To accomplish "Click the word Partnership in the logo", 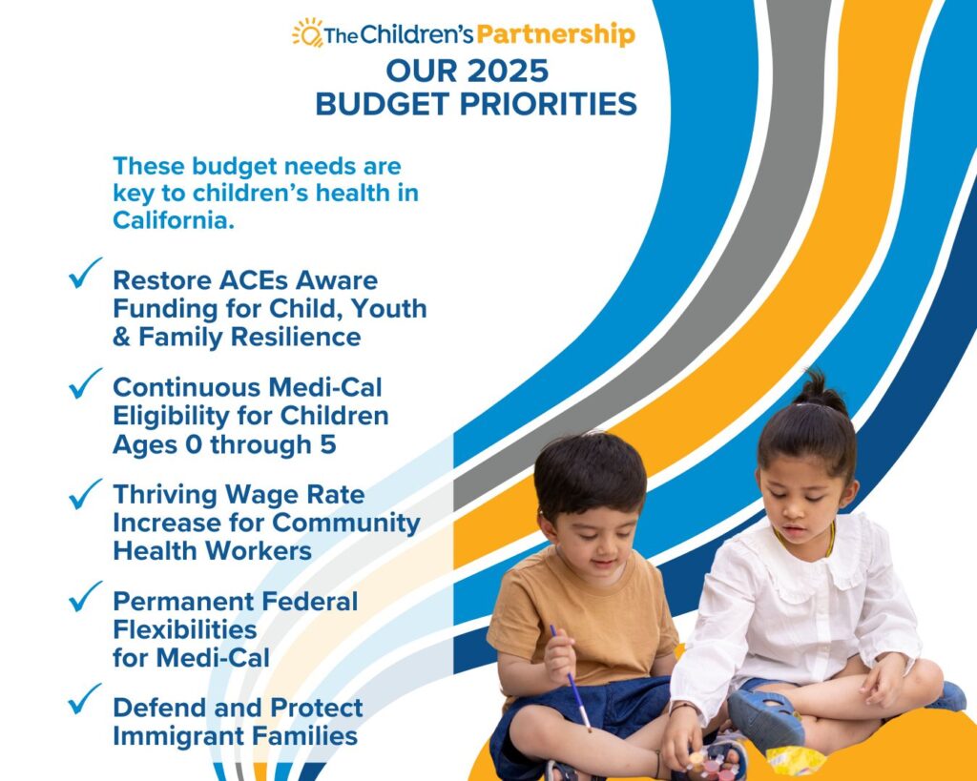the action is [x=556, y=34].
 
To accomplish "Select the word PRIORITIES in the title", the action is [x=549, y=103].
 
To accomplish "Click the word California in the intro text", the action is [x=174, y=220].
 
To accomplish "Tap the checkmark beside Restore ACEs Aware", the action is [x=85, y=273].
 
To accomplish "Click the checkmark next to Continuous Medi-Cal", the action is [x=85, y=383].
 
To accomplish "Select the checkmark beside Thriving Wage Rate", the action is [x=85, y=494].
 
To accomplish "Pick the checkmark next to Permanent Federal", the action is [x=85, y=596].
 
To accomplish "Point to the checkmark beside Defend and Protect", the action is [x=85, y=699].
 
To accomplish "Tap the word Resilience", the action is [x=296, y=337].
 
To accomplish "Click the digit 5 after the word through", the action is [x=328, y=444].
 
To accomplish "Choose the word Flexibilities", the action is [x=184, y=629].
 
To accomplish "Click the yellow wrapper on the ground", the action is [x=795, y=761].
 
